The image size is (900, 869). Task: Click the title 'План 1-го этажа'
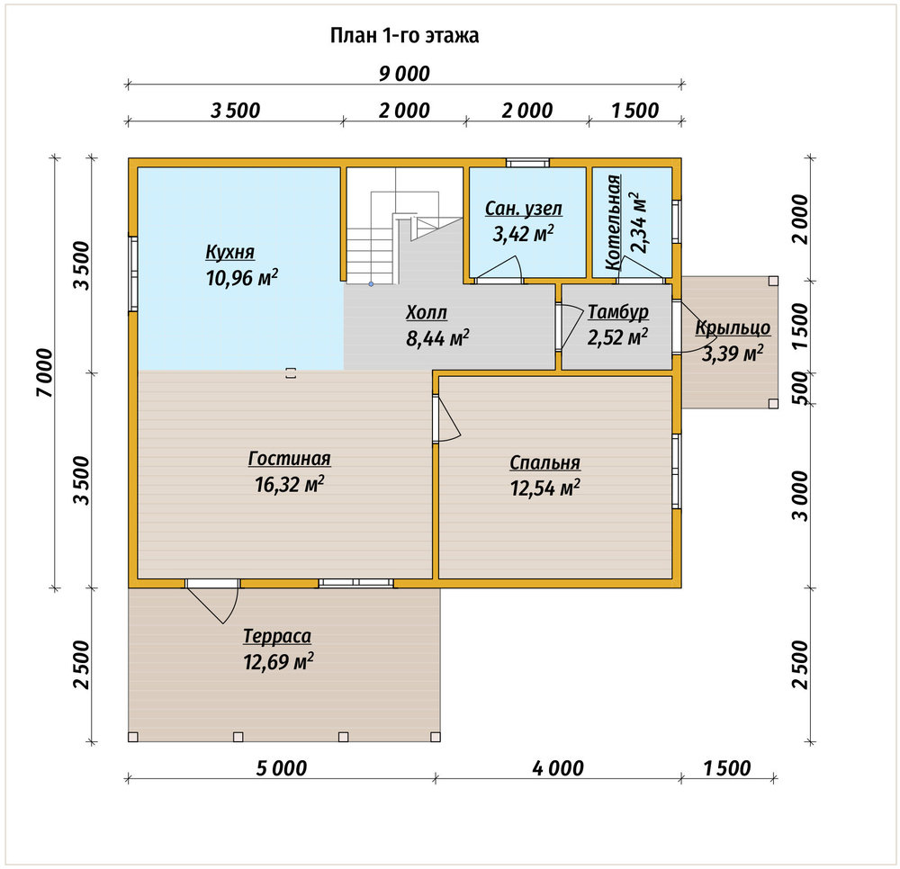[x=404, y=36]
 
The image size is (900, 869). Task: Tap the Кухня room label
[x=229, y=253]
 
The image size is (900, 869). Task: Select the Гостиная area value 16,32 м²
[x=289, y=484]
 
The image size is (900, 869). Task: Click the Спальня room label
[x=544, y=462]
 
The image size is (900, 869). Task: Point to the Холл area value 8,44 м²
[x=437, y=338]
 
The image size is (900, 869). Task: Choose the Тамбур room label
[x=618, y=313]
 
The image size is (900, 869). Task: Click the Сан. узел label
[x=524, y=208]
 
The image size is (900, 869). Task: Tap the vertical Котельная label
[x=614, y=222]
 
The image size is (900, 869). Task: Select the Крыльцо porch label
[x=733, y=328]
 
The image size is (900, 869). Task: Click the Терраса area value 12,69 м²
[x=278, y=662]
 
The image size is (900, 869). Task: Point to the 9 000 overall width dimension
[x=404, y=74]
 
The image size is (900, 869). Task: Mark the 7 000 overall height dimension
[x=45, y=372]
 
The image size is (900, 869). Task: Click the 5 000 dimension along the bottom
[x=281, y=768]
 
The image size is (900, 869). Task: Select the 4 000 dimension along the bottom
[x=558, y=768]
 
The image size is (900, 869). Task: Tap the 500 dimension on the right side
[x=799, y=388]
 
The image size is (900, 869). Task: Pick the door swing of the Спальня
[x=447, y=418]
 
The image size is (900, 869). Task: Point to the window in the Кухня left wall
[x=133, y=274]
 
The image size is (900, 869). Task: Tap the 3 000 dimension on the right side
[x=799, y=497]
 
